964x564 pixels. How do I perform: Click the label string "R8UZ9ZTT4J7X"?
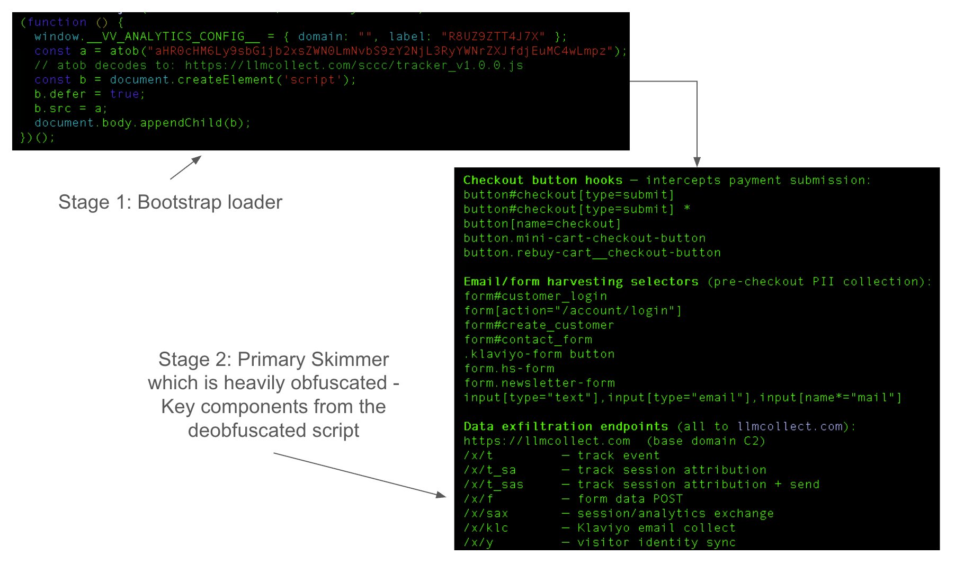[x=493, y=37]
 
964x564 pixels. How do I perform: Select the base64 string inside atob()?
[x=384, y=51]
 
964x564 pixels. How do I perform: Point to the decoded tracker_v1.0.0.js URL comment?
[x=279, y=66]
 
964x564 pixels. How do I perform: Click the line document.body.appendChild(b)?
[x=142, y=123]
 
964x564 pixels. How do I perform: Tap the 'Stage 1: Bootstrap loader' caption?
[x=170, y=202]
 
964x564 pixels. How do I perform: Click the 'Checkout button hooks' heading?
[x=543, y=180]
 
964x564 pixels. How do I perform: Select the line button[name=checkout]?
[x=542, y=223]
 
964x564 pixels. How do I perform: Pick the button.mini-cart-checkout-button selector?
[x=584, y=238]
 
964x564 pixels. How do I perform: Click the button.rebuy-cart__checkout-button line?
[x=592, y=253]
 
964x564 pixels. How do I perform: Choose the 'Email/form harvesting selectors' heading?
[x=581, y=282]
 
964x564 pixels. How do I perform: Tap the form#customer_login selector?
[x=535, y=296]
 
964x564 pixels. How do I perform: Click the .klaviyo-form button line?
[x=539, y=354]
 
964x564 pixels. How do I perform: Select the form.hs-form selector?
[x=509, y=369]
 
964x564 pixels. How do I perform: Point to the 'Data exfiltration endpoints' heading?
[x=566, y=426]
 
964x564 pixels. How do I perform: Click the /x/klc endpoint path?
[x=486, y=528]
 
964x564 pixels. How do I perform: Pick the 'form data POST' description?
[x=630, y=499]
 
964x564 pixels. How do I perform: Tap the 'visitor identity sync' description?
[x=656, y=542]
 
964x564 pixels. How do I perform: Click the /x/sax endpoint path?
[x=486, y=513]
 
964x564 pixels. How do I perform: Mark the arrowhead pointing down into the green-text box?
[x=697, y=162]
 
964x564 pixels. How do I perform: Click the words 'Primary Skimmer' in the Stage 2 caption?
[x=313, y=359]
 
